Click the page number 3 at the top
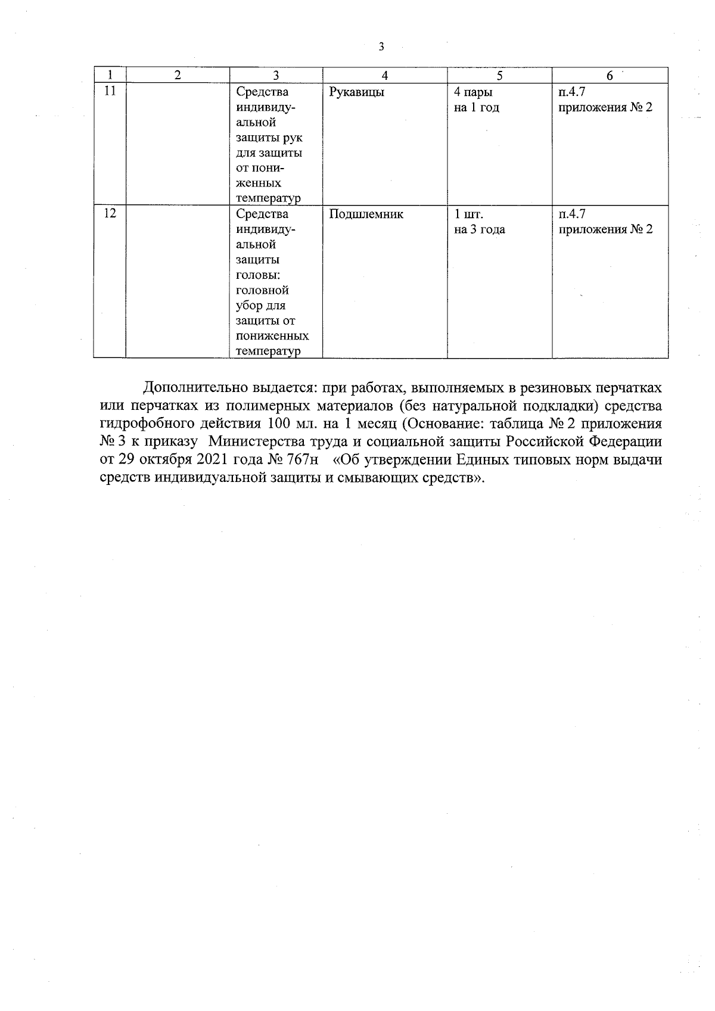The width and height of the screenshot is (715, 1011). point(381,47)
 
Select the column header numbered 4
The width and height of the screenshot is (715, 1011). point(385,76)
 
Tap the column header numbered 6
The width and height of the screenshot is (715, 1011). point(610,76)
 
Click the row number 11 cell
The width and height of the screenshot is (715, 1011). point(110,92)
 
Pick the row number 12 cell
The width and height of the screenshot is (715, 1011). point(110,214)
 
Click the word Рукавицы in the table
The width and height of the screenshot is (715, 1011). point(356,92)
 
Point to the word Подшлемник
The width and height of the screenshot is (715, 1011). point(366,214)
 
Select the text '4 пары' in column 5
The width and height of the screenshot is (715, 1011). point(473,92)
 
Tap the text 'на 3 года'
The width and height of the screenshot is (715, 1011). point(479,229)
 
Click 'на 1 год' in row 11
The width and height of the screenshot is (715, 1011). point(476,108)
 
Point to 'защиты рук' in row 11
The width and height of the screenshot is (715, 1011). point(269,138)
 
